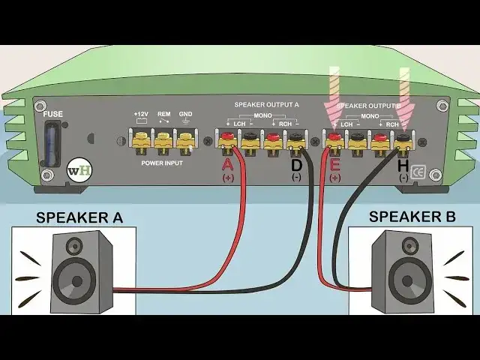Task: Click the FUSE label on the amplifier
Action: tap(52, 115)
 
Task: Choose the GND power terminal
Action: tap(185, 138)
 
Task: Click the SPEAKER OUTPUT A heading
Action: tap(266, 106)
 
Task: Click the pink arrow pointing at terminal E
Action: tap(332, 94)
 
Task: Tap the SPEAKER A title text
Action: tap(79, 218)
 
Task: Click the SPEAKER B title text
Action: tap(412, 217)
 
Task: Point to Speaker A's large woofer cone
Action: tap(74, 280)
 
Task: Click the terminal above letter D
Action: tap(295, 138)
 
